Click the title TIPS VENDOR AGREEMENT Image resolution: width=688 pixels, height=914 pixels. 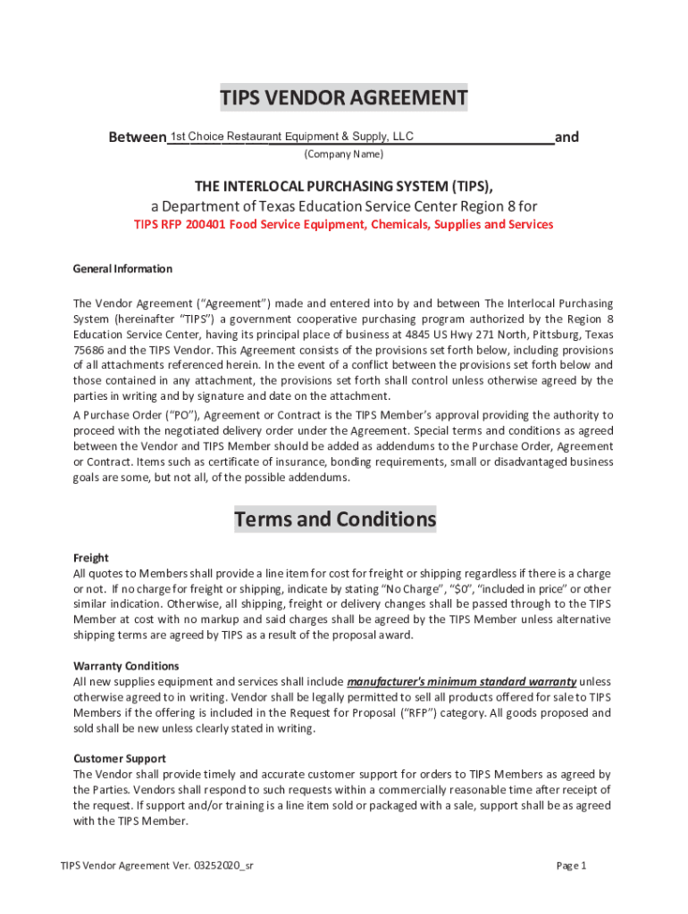coord(344,98)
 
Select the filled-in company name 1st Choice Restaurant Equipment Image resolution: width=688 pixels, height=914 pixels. coord(291,137)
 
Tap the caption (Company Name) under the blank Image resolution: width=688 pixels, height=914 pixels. coord(344,154)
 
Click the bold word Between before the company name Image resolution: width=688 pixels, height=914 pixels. coord(137,137)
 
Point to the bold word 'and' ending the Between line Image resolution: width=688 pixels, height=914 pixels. coord(566,137)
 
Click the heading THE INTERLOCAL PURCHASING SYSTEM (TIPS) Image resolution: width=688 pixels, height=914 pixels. coord(344,186)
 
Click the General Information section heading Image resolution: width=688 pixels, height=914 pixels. coord(122,269)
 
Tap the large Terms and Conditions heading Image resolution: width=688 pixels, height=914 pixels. coord(335,519)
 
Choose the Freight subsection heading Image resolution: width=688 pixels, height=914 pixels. coord(90,558)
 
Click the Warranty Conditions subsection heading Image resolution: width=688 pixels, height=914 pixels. coord(126,666)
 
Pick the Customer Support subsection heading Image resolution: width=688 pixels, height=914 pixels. coord(119,759)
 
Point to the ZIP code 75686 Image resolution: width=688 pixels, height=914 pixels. coord(89,351)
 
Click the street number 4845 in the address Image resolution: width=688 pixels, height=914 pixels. coord(416,335)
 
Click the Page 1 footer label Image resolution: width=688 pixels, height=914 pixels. coord(571,866)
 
